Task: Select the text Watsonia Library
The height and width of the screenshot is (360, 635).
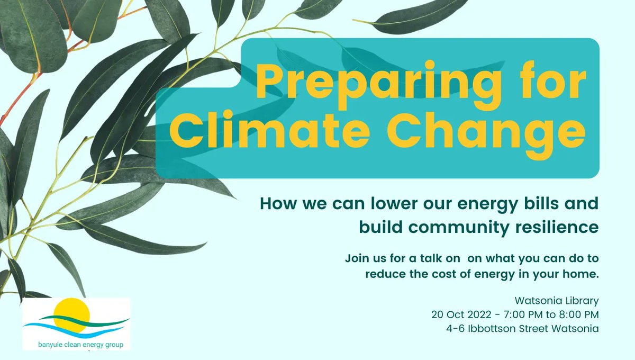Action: coord(560,301)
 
